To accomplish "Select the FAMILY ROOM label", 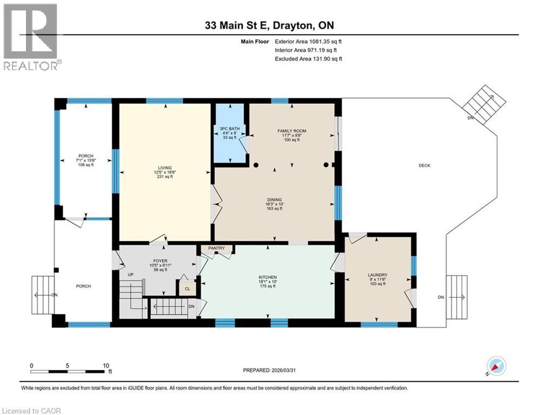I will [291, 131].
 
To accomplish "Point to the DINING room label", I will [274, 199].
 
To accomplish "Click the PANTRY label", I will [217, 249].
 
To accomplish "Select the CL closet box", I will [187, 289].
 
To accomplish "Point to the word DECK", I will [424, 166].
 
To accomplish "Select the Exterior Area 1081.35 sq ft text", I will [308, 41].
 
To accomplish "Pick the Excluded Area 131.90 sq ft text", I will [308, 58].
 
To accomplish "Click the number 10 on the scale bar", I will [105, 365].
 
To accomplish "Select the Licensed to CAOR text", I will [32, 411].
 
